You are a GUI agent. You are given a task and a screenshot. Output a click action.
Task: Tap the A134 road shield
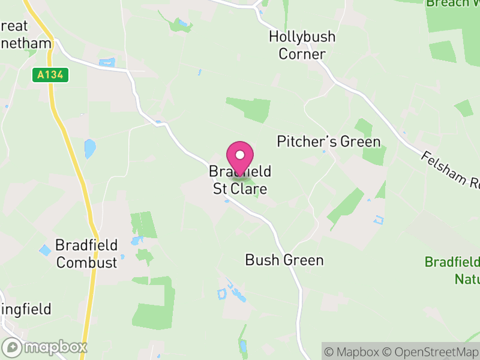(51, 75)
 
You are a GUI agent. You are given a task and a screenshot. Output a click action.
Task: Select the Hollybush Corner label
(297, 45)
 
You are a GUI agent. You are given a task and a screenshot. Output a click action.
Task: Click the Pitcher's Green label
(329, 142)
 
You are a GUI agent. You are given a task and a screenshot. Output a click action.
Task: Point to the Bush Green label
(284, 260)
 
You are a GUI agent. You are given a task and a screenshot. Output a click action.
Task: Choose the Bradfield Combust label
(86, 253)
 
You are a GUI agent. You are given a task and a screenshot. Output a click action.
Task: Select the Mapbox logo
(45, 347)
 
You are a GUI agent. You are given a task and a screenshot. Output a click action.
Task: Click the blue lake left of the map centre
(90, 148)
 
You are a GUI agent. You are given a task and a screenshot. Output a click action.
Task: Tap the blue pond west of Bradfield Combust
(45, 250)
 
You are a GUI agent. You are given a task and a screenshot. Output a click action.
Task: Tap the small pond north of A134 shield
(107, 62)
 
